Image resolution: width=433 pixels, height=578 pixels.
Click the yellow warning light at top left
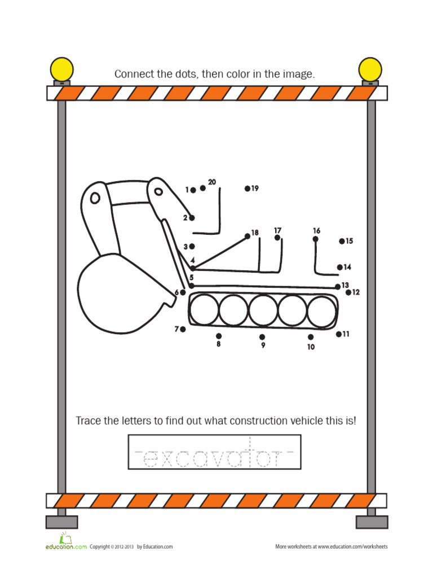pos(61,69)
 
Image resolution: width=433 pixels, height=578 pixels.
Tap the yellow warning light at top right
pos(370,69)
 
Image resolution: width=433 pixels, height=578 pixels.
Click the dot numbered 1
pos(193,190)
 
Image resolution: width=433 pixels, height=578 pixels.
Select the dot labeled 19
pos(247,189)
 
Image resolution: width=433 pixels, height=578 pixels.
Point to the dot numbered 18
pos(248,236)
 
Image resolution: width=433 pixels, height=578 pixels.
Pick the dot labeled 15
pos(342,241)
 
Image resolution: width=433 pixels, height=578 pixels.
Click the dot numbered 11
pos(339,334)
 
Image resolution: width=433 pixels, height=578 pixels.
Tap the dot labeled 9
pos(262,337)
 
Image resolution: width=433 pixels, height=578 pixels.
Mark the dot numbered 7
pos(183,329)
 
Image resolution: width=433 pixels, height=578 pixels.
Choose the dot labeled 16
pos(315,239)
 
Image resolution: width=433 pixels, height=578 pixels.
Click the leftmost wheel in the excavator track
pos(204,310)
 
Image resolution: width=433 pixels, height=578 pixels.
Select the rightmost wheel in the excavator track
pos(322,310)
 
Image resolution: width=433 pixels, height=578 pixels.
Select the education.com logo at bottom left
pos(65,542)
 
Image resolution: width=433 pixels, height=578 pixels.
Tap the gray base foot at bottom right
pos(372,522)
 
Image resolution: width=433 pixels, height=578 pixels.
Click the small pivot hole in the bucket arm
pos(95,198)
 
